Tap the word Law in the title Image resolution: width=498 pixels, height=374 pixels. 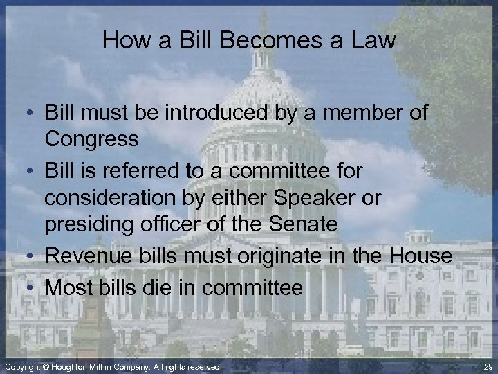[372, 40]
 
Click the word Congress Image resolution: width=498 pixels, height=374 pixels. [92, 139]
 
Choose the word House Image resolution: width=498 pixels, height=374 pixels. [420, 256]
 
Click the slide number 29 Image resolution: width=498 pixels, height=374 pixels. [488, 366]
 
